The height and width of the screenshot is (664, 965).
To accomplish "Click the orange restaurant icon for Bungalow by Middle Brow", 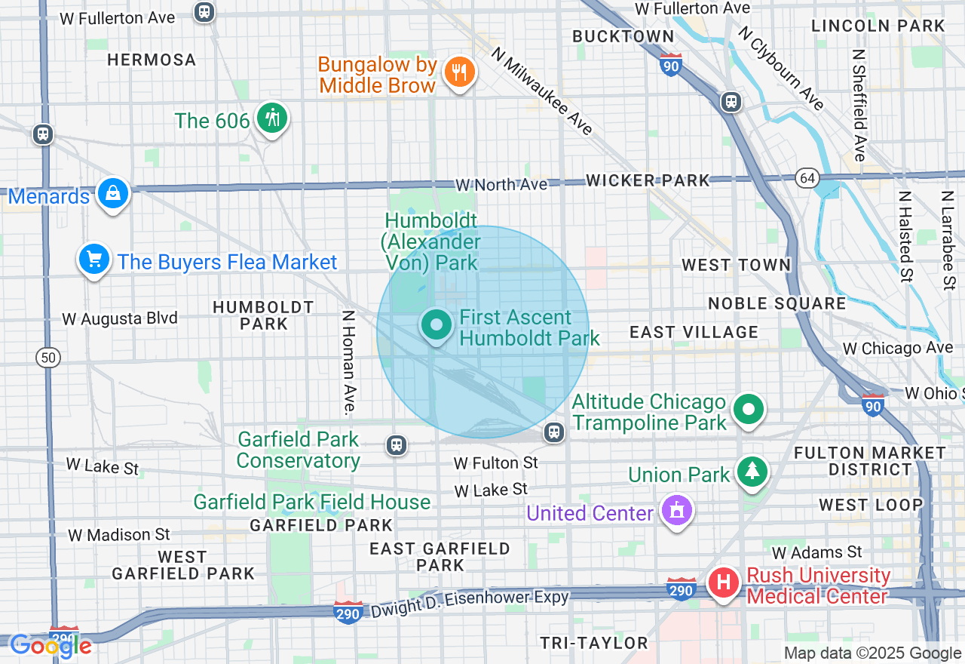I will [458, 72].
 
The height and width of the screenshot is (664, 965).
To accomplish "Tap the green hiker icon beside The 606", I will [272, 118].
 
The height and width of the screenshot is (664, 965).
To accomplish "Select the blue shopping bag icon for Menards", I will [112, 194].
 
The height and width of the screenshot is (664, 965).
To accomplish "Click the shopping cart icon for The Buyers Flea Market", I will [94, 260].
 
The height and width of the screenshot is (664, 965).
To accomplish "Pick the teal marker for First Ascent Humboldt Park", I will [436, 326].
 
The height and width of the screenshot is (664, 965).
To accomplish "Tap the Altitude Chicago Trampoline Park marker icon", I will [749, 410].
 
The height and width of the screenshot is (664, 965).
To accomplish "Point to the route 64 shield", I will [807, 178].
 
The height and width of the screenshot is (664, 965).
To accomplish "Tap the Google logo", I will [51, 645].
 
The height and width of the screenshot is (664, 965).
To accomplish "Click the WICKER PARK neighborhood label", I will [648, 180].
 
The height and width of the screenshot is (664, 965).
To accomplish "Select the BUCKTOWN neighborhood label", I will [623, 36].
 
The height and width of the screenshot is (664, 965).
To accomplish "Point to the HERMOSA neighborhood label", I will [152, 60].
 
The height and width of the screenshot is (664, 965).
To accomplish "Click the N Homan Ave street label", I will [348, 362].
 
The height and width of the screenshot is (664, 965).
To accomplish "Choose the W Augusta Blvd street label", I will [120, 318].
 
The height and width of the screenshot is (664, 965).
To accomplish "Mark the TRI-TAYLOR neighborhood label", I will [594, 643].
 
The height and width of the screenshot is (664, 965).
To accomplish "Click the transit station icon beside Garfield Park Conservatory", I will [397, 445].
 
